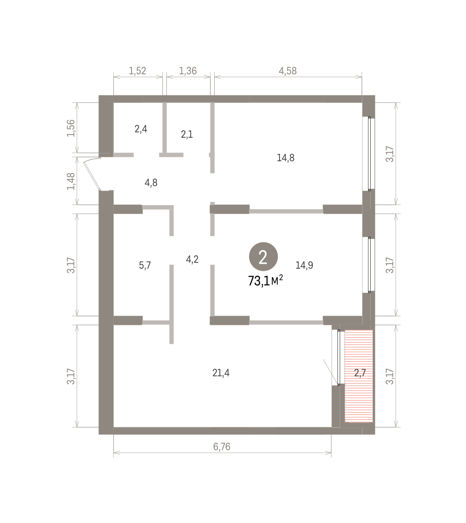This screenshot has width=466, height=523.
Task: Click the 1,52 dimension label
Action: tap(138, 71)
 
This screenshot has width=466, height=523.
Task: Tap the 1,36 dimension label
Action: tap(188, 71)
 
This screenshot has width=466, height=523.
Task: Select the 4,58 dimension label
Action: tap(288, 71)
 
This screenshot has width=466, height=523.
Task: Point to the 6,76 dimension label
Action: tap(222, 447)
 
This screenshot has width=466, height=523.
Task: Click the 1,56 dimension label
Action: tap(71, 128)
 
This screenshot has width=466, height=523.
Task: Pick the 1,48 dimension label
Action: tap(71, 181)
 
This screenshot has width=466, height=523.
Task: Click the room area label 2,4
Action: tap(141, 129)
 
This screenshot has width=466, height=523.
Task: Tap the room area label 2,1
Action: tap(187, 135)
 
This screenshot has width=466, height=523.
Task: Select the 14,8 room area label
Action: tap(285, 158)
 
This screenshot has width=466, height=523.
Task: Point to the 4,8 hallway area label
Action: tap(151, 183)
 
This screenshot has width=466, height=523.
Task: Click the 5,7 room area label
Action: tap(145, 265)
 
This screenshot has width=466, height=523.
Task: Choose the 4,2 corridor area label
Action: tap(192, 259)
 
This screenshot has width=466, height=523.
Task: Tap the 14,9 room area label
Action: tap(304, 265)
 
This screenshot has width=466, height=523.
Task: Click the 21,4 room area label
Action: tap(221, 373)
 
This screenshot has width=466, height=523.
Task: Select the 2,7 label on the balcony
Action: tap(360, 373)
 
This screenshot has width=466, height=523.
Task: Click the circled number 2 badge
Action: tap(263, 257)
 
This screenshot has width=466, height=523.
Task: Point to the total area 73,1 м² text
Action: tap(266, 281)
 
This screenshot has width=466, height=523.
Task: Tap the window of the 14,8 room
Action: tap(369, 153)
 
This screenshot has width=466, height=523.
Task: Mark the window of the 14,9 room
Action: tap(369, 265)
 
